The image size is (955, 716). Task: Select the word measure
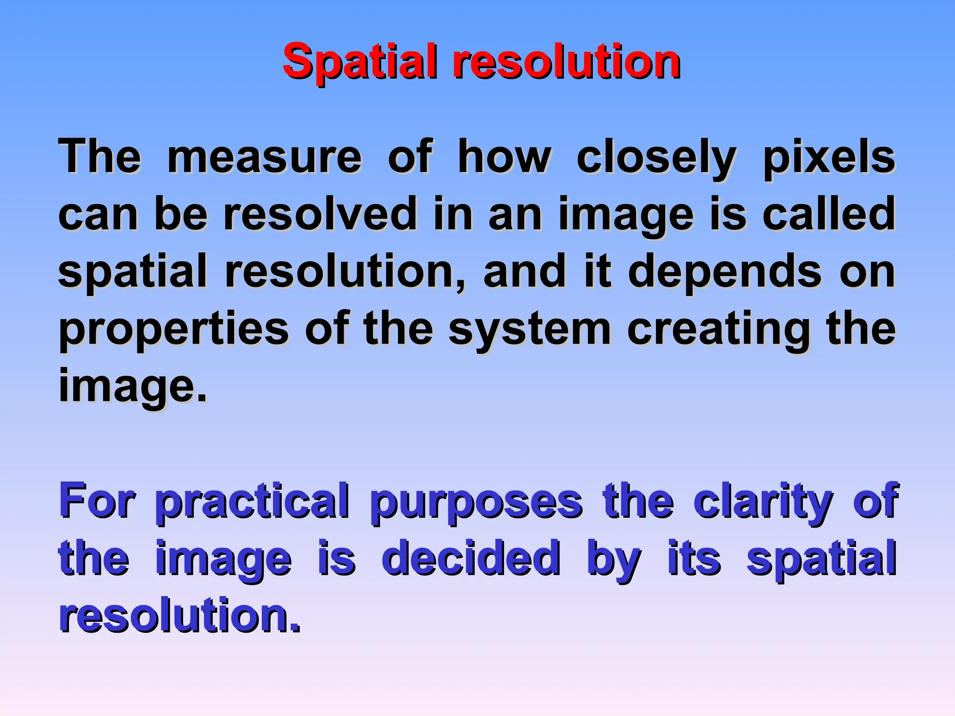click(264, 157)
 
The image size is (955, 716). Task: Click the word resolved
click(320, 214)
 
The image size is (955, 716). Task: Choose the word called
click(829, 214)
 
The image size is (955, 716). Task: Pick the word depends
click(725, 272)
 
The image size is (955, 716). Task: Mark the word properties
click(174, 330)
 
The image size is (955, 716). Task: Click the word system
click(530, 330)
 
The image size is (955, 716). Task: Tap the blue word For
click(97, 501)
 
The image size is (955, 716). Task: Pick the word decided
click(471, 558)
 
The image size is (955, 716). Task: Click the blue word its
click(694, 558)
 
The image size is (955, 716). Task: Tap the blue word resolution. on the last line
click(180, 615)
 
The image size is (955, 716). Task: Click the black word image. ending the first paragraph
click(132, 386)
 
